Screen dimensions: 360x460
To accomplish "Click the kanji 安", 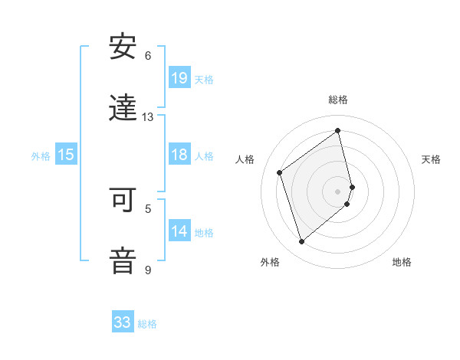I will tap(123, 47).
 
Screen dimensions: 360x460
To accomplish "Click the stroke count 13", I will tap(148, 117).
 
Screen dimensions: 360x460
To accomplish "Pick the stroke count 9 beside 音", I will tap(148, 270).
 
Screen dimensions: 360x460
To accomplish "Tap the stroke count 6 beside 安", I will tap(148, 56).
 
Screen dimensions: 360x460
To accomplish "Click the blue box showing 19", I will tap(179, 77).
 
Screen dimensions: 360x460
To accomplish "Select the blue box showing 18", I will tap(179, 155).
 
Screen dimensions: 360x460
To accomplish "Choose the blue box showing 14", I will tap(179, 231).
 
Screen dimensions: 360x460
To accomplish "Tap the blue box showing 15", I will tap(66, 155).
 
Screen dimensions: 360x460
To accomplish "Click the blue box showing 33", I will tap(123, 322).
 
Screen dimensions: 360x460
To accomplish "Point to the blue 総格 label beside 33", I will tap(147, 324).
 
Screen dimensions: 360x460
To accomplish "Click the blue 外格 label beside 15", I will tap(41, 156).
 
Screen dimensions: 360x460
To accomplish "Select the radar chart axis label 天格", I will tap(431, 159).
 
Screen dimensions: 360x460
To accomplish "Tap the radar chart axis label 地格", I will tap(402, 262).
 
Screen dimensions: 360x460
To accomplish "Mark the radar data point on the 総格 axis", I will tap(338, 131).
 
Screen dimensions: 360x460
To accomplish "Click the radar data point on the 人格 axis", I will tap(280, 172).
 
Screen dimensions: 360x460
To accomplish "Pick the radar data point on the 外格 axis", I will tap(301, 242).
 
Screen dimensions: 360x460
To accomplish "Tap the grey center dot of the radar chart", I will tap(338, 191).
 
